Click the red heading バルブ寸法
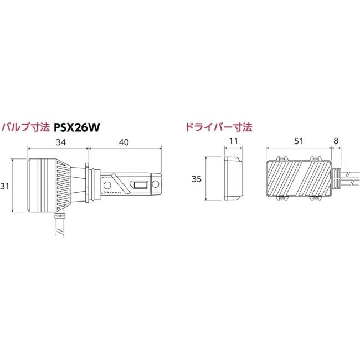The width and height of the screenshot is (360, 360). coord(27,127)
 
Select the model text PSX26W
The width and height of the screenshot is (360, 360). coord(77,127)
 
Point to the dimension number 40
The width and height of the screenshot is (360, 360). coord(124,142)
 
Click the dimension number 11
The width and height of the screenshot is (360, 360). coord(233,142)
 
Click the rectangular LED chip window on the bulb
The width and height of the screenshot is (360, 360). coord(140,185)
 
